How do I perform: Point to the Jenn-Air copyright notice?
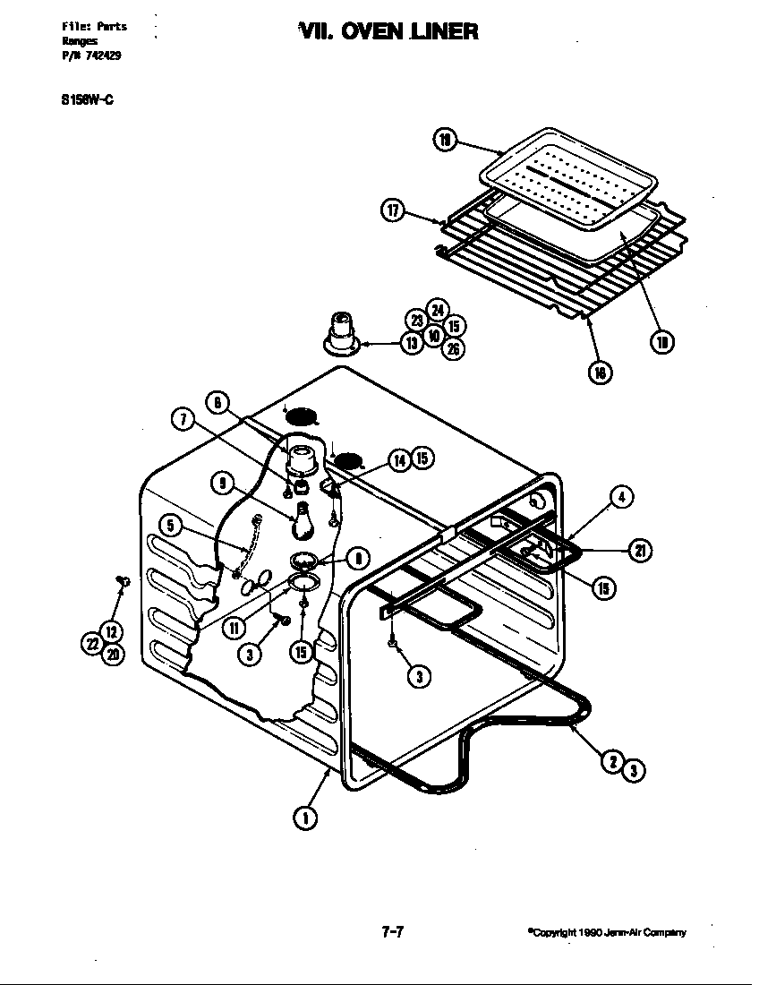coord(607,933)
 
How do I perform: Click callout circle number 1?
coord(304,816)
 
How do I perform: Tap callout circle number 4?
coord(622,497)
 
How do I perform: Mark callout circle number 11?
coord(235,626)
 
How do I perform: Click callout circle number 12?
coord(110,632)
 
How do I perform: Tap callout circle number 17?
coord(392,211)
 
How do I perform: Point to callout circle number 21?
coord(641,551)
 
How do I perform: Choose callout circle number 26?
coord(454,349)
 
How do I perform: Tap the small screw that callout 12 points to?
coord(124,583)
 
